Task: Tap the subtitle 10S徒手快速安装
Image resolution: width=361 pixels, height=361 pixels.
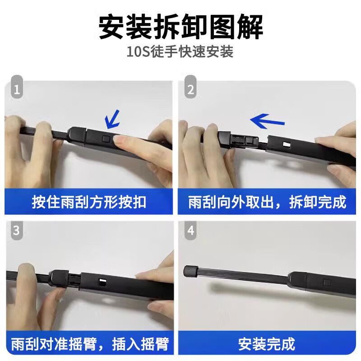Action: (180, 52)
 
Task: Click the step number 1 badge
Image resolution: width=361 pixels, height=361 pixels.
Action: (17, 90)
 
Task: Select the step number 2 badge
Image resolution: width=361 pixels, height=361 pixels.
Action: (191, 90)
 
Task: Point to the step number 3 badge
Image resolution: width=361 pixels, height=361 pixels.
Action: (17, 231)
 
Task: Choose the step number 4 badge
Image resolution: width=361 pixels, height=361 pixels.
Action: (191, 231)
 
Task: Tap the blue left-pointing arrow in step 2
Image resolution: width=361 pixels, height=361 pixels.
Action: (268, 121)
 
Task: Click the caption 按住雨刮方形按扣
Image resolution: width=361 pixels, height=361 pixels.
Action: (89, 202)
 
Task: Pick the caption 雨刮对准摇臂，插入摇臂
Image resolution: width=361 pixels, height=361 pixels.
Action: (89, 344)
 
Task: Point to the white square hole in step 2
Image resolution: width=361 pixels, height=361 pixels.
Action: (286, 145)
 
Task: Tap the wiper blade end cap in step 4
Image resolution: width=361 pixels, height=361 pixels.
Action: (190, 271)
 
